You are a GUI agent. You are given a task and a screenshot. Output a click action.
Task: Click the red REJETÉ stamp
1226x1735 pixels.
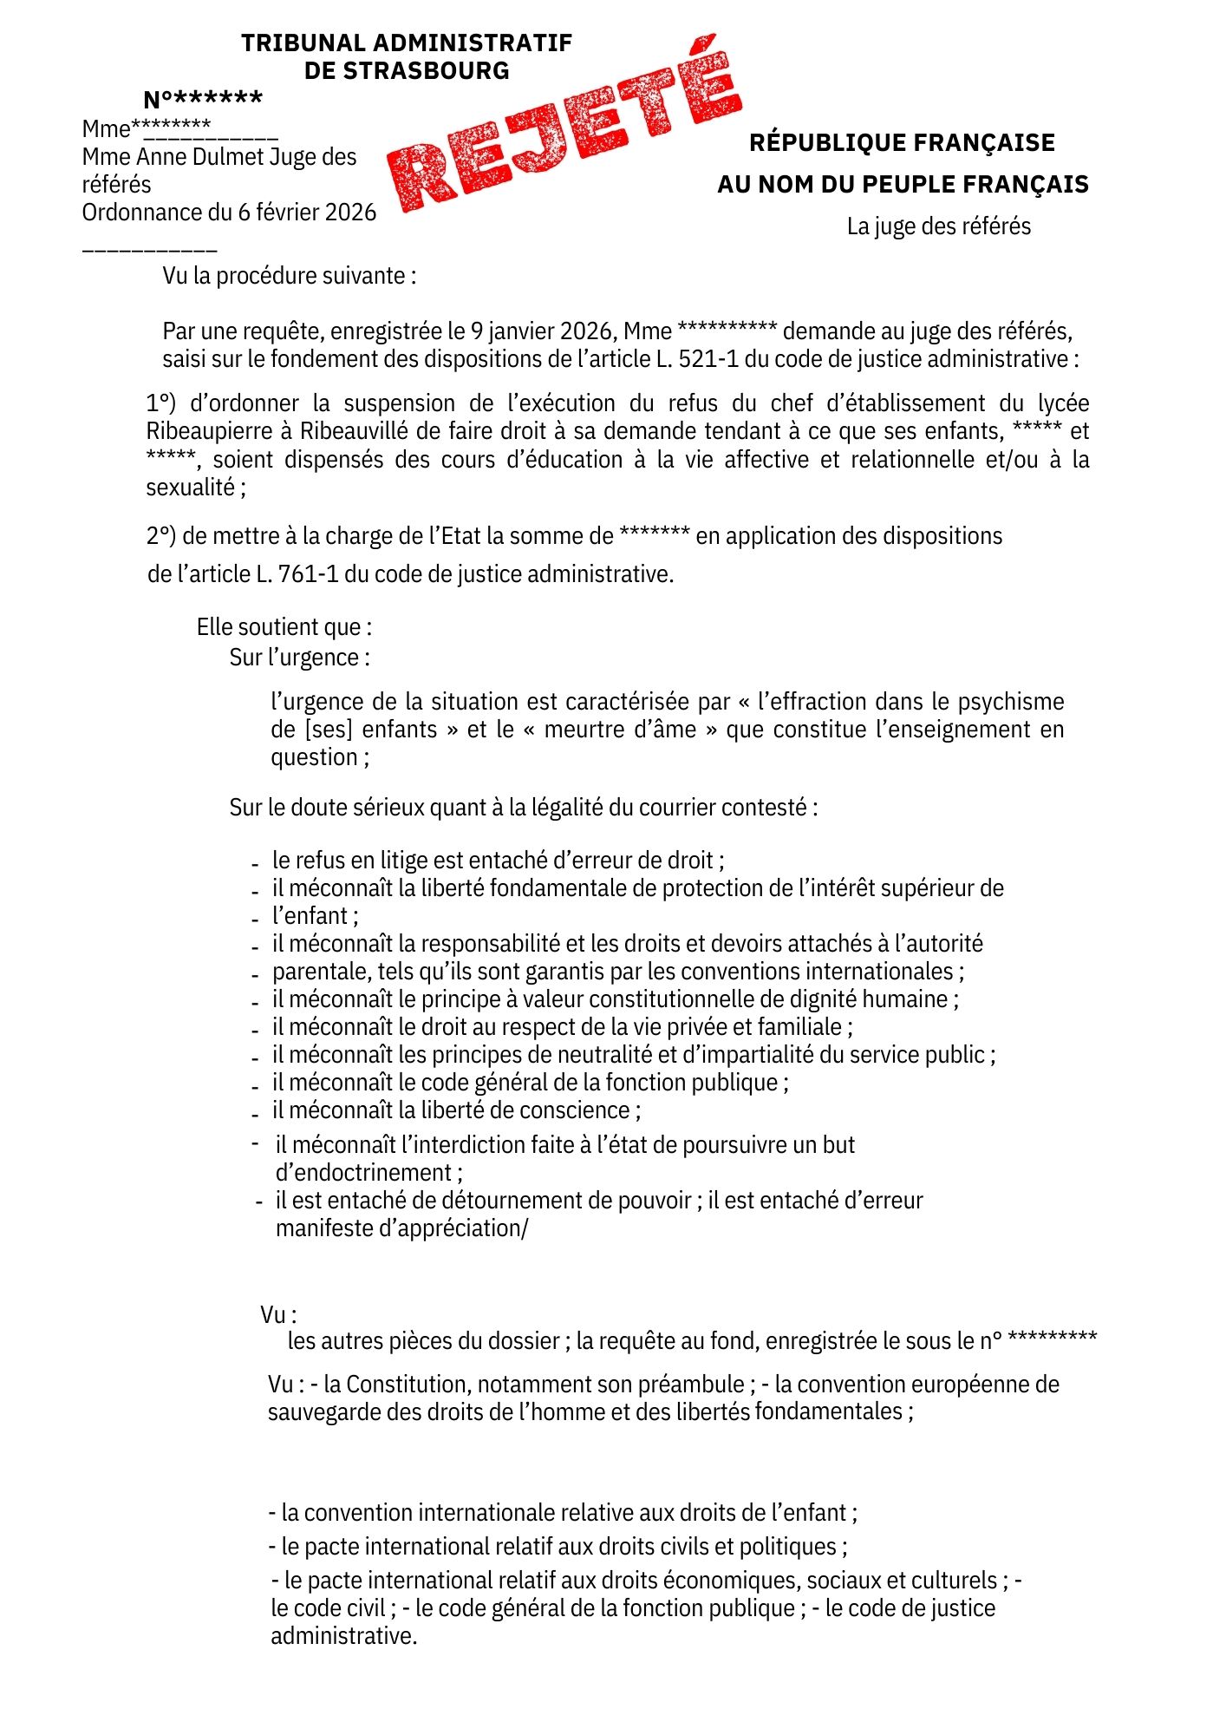[564, 124]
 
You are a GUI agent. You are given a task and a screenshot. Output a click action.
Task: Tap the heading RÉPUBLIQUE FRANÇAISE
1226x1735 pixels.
[902, 142]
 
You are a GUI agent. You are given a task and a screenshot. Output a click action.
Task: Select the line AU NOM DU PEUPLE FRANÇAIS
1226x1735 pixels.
[903, 184]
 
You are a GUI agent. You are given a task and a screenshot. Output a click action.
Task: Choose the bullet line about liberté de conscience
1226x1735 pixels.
[456, 1110]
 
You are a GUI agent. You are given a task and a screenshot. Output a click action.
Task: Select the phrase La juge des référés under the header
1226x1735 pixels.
[939, 226]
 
